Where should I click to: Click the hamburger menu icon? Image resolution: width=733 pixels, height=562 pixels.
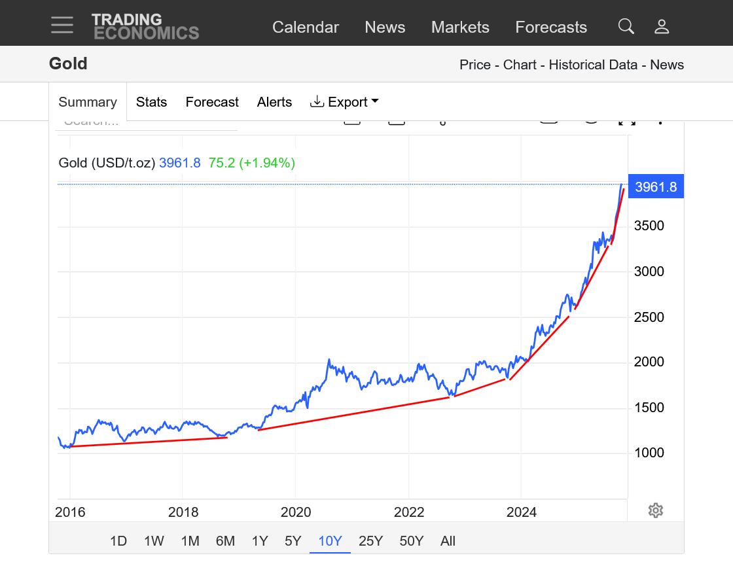pyautogui.click(x=62, y=25)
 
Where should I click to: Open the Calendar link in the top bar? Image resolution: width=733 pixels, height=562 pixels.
pyautogui.click(x=305, y=27)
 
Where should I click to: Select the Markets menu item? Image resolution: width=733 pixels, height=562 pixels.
pyautogui.click(x=460, y=27)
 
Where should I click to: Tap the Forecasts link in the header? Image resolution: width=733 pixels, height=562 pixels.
pyautogui.click(x=551, y=27)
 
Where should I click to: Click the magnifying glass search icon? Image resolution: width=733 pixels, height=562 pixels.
pyautogui.click(x=626, y=26)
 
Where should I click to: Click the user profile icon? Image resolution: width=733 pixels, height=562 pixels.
pyautogui.click(x=662, y=26)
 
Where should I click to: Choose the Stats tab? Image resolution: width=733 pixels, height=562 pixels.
pyautogui.click(x=151, y=102)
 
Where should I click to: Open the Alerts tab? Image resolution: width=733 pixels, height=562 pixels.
pyautogui.click(x=274, y=102)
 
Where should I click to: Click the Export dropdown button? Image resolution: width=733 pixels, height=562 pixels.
pyautogui.click(x=344, y=102)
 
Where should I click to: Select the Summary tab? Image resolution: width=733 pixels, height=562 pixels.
pyautogui.click(x=88, y=102)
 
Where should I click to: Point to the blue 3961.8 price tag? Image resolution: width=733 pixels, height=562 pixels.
pyautogui.click(x=655, y=186)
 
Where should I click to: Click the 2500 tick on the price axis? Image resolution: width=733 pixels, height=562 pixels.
pyautogui.click(x=649, y=317)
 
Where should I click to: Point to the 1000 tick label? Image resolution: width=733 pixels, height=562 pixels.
pyautogui.click(x=649, y=453)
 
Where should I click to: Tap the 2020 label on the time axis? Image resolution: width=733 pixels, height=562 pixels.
pyautogui.click(x=296, y=512)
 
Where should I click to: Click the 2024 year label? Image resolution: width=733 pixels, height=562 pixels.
pyautogui.click(x=522, y=512)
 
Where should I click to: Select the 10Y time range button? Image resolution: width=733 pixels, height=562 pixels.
pyautogui.click(x=330, y=541)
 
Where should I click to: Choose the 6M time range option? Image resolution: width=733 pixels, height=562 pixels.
pyautogui.click(x=225, y=541)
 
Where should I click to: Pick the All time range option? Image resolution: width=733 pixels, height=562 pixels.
pyautogui.click(x=448, y=541)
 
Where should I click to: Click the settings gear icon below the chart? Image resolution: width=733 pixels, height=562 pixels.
pyautogui.click(x=656, y=510)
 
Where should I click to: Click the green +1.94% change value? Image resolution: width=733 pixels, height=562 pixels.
pyautogui.click(x=267, y=163)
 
